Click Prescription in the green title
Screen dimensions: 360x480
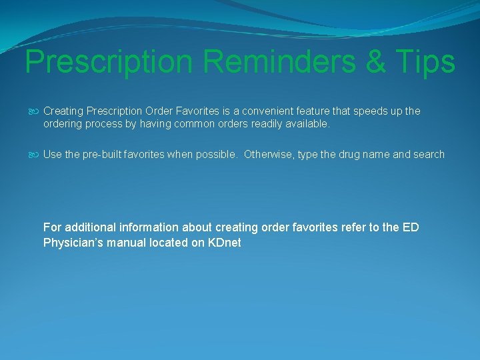click(x=109, y=62)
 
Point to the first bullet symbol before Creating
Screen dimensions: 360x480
click(x=35, y=111)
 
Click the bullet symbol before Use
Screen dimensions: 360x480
click(x=35, y=155)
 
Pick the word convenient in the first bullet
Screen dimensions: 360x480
click(x=280, y=111)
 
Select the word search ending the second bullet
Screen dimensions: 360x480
click(x=429, y=155)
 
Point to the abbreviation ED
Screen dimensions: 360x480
click(x=411, y=227)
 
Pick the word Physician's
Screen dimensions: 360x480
click(x=71, y=243)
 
